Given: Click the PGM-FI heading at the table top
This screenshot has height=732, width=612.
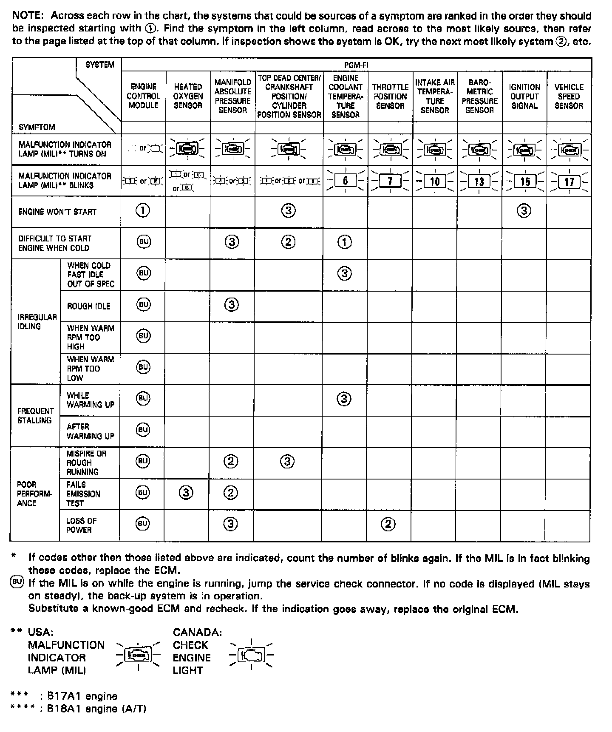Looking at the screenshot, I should click(356, 65).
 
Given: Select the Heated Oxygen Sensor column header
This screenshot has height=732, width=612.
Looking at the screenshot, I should click(188, 96).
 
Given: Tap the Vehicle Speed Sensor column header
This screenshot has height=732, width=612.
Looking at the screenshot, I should click(569, 96).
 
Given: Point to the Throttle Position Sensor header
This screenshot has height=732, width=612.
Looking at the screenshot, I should click(390, 96).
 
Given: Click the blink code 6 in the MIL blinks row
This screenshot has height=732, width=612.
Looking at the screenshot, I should click(346, 181).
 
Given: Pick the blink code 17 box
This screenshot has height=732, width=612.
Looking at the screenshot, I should click(569, 182).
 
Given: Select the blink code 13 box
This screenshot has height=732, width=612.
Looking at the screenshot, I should click(479, 182).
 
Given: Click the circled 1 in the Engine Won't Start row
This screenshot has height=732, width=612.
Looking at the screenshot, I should click(143, 210).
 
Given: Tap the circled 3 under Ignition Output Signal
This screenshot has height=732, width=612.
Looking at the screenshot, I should click(524, 210).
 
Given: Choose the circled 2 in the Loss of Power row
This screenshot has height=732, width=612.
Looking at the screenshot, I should click(388, 524).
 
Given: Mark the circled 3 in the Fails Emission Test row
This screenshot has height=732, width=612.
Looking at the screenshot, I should click(186, 493).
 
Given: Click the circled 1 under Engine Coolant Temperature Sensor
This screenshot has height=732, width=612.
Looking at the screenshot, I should click(345, 242).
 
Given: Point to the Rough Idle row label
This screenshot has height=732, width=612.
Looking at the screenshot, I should click(88, 306).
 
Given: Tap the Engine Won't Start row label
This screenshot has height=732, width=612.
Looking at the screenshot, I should click(57, 212).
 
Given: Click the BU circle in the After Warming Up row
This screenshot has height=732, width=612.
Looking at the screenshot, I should click(143, 430).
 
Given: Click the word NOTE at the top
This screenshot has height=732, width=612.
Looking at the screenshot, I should click(28, 16).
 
